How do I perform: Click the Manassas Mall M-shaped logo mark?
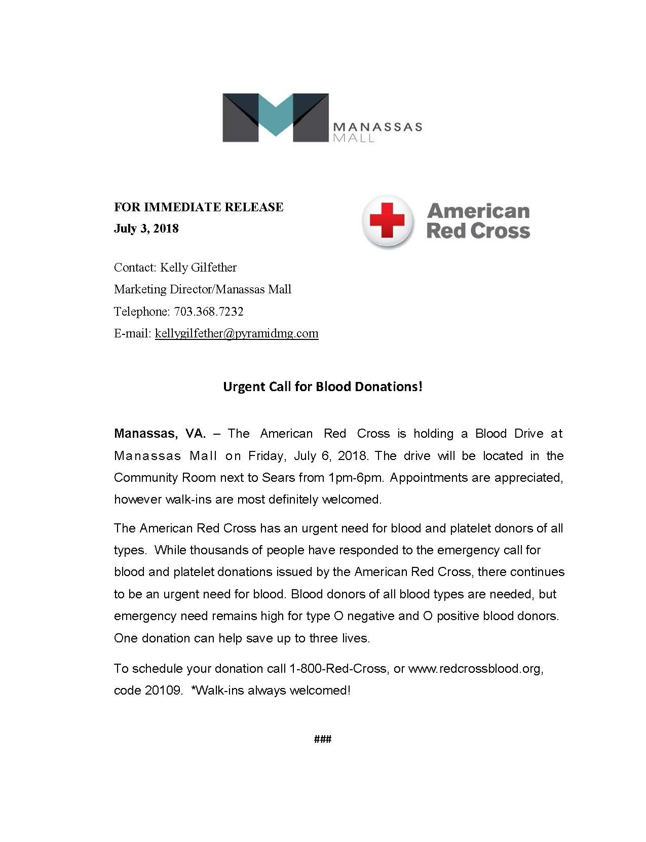coord(276,118)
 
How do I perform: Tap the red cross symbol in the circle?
coord(388,221)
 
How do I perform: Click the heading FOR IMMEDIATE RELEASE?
coord(199,207)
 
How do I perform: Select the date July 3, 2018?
coord(146,228)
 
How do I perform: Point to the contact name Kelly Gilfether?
coord(198,267)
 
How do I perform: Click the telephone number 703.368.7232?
coord(208,311)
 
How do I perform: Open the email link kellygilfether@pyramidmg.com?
coord(237,333)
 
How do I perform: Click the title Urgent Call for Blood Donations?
coord(323,387)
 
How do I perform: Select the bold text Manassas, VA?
coord(160,434)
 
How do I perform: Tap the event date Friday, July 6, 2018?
coord(308,455)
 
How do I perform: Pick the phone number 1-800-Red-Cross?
coord(338,668)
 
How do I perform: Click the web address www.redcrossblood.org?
coord(475,668)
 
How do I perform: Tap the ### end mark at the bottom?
coord(323,739)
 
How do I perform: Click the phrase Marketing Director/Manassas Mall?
coord(203,289)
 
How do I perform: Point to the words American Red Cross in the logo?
coord(478,221)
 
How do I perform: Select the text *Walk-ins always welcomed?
coord(271,690)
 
